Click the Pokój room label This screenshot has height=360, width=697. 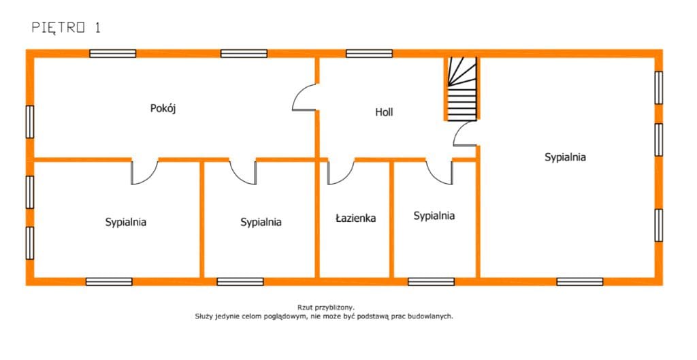tap(163, 108)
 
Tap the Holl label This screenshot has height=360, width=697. tap(384, 112)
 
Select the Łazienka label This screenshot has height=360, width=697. tap(355, 218)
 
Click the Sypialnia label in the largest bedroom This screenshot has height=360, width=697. tap(565, 157)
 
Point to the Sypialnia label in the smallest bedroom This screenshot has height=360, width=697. tap(434, 216)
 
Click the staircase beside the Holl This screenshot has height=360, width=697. tap(462, 89)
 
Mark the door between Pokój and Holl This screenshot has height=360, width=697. tap(304, 97)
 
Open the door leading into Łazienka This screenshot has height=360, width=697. tap(341, 172)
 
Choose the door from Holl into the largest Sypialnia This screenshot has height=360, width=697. tap(464, 133)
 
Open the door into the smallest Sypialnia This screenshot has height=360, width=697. tap(439, 172)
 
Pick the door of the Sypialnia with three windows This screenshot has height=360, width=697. tap(145, 172)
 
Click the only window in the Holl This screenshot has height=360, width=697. tap(370, 53)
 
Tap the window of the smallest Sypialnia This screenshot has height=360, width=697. tap(431, 282)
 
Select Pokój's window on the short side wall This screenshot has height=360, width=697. tap(30, 122)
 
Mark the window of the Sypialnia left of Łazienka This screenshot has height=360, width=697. tap(240, 282)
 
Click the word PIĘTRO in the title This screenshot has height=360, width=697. tap(59, 28)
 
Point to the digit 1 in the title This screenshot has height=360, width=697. tap(97, 27)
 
